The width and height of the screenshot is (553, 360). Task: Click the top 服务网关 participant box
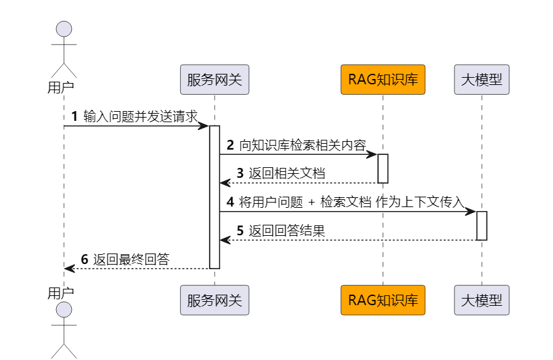click(x=214, y=80)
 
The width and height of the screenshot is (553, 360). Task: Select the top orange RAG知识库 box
click(x=383, y=80)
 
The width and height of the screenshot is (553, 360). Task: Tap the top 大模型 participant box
click(x=482, y=80)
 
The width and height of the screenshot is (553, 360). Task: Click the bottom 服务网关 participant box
click(x=214, y=301)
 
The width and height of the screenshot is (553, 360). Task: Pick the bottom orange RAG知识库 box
click(x=383, y=301)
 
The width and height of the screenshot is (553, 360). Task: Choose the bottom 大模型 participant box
click(x=482, y=301)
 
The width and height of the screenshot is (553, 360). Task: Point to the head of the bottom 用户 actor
click(x=64, y=310)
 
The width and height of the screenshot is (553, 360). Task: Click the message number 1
click(x=74, y=116)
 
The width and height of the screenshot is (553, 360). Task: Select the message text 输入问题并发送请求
click(x=140, y=116)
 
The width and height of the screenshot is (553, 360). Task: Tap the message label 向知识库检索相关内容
click(x=302, y=145)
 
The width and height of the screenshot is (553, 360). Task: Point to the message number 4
click(x=230, y=202)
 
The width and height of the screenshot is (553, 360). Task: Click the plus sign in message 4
click(x=311, y=203)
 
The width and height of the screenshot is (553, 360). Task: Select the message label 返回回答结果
click(x=287, y=231)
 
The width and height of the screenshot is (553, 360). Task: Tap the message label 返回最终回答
click(x=131, y=259)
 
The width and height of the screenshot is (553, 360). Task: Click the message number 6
click(x=84, y=259)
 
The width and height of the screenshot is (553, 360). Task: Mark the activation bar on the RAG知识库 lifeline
click(x=383, y=169)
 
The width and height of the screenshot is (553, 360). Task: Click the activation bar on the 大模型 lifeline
click(x=482, y=225)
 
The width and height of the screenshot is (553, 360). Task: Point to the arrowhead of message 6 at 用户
click(x=69, y=268)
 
